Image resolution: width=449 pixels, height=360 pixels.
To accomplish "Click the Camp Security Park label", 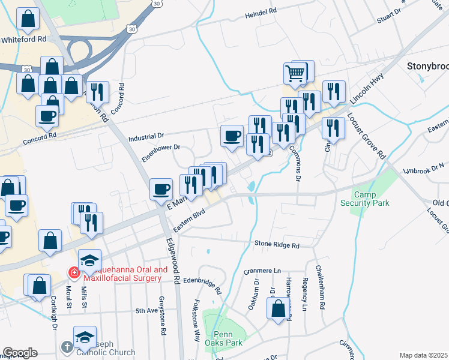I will (x=372, y=199).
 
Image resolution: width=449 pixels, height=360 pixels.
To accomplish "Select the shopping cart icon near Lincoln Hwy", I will (x=295, y=74).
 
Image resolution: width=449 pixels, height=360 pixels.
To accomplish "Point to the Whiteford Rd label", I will (x=24, y=39).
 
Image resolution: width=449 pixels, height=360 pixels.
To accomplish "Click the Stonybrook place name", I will (x=427, y=65).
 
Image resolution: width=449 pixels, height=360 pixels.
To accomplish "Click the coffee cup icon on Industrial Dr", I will (x=232, y=136).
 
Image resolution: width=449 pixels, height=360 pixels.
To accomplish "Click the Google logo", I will (x=20, y=353).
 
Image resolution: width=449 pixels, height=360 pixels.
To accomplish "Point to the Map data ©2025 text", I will (x=423, y=355).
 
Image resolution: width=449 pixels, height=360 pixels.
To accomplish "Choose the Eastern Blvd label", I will (x=189, y=220).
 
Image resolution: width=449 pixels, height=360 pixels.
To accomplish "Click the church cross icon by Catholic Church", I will (x=68, y=347).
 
